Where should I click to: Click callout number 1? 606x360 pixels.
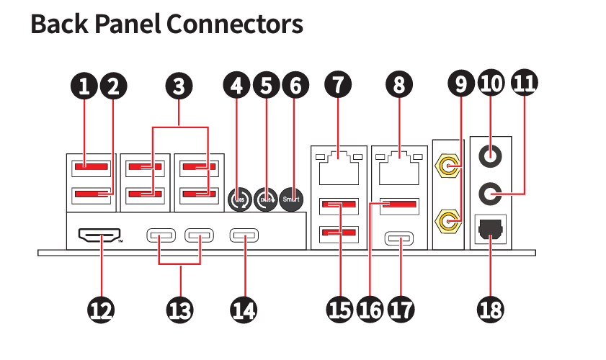84,87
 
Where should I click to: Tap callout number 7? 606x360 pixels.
338,86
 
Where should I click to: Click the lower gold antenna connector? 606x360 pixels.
447,219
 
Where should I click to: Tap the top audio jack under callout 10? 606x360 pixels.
491,153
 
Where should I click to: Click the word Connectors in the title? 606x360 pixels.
234,24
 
